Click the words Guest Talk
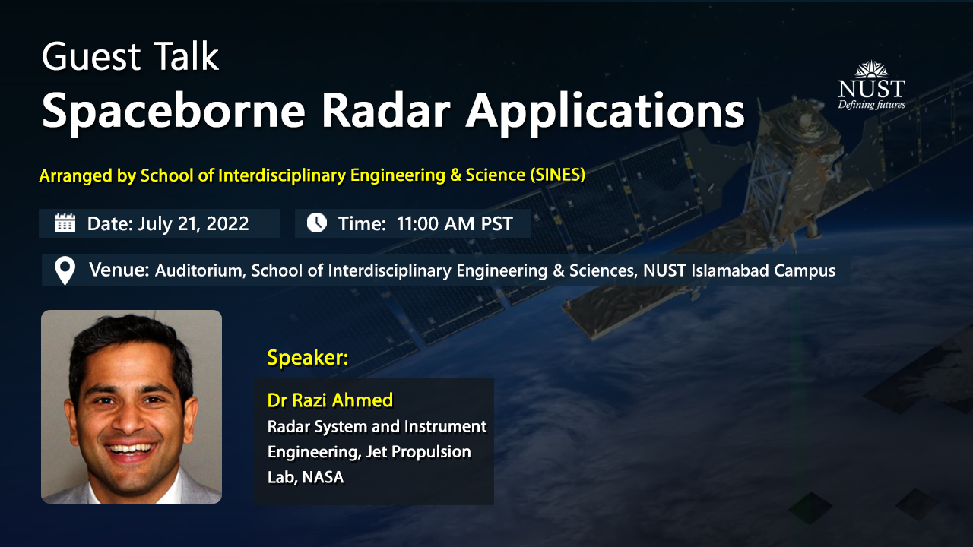[x=130, y=57]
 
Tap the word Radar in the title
[x=385, y=112]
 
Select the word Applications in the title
[x=605, y=112]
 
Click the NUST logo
[x=871, y=84]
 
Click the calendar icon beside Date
[x=65, y=223]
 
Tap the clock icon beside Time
[x=316, y=223]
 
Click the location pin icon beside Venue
[x=65, y=270]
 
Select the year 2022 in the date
[x=227, y=223]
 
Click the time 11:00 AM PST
[x=455, y=223]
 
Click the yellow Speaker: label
[x=307, y=358]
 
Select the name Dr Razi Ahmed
[x=330, y=400]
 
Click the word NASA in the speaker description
[x=323, y=477]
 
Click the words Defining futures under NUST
[x=871, y=105]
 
